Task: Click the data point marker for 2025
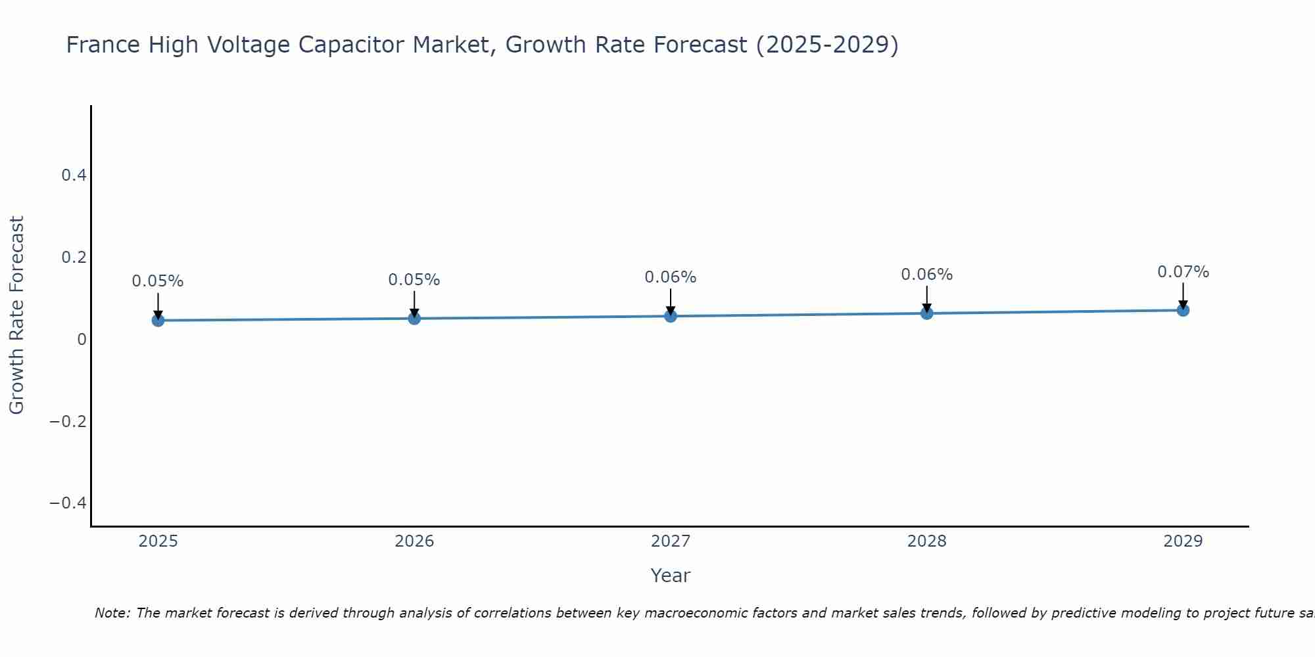pyautogui.click(x=158, y=320)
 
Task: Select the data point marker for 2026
pyautogui.click(x=414, y=318)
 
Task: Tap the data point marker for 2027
pyautogui.click(x=671, y=316)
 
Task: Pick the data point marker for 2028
pyautogui.click(x=926, y=313)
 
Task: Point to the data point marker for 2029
pyautogui.click(x=1183, y=310)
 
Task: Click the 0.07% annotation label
pyautogui.click(x=1183, y=272)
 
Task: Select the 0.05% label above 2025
pyautogui.click(x=158, y=281)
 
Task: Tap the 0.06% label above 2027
pyautogui.click(x=671, y=277)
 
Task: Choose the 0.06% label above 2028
pyautogui.click(x=926, y=275)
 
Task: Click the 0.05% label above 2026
pyautogui.click(x=414, y=280)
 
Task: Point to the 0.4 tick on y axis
pyautogui.click(x=74, y=175)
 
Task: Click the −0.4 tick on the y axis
pyautogui.click(x=68, y=503)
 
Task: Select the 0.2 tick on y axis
pyautogui.click(x=74, y=257)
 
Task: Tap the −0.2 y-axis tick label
pyautogui.click(x=68, y=421)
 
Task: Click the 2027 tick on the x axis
pyautogui.click(x=671, y=541)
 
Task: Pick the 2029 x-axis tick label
pyautogui.click(x=1183, y=541)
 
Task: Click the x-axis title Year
pyautogui.click(x=670, y=576)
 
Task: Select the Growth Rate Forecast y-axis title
pyautogui.click(x=16, y=315)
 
